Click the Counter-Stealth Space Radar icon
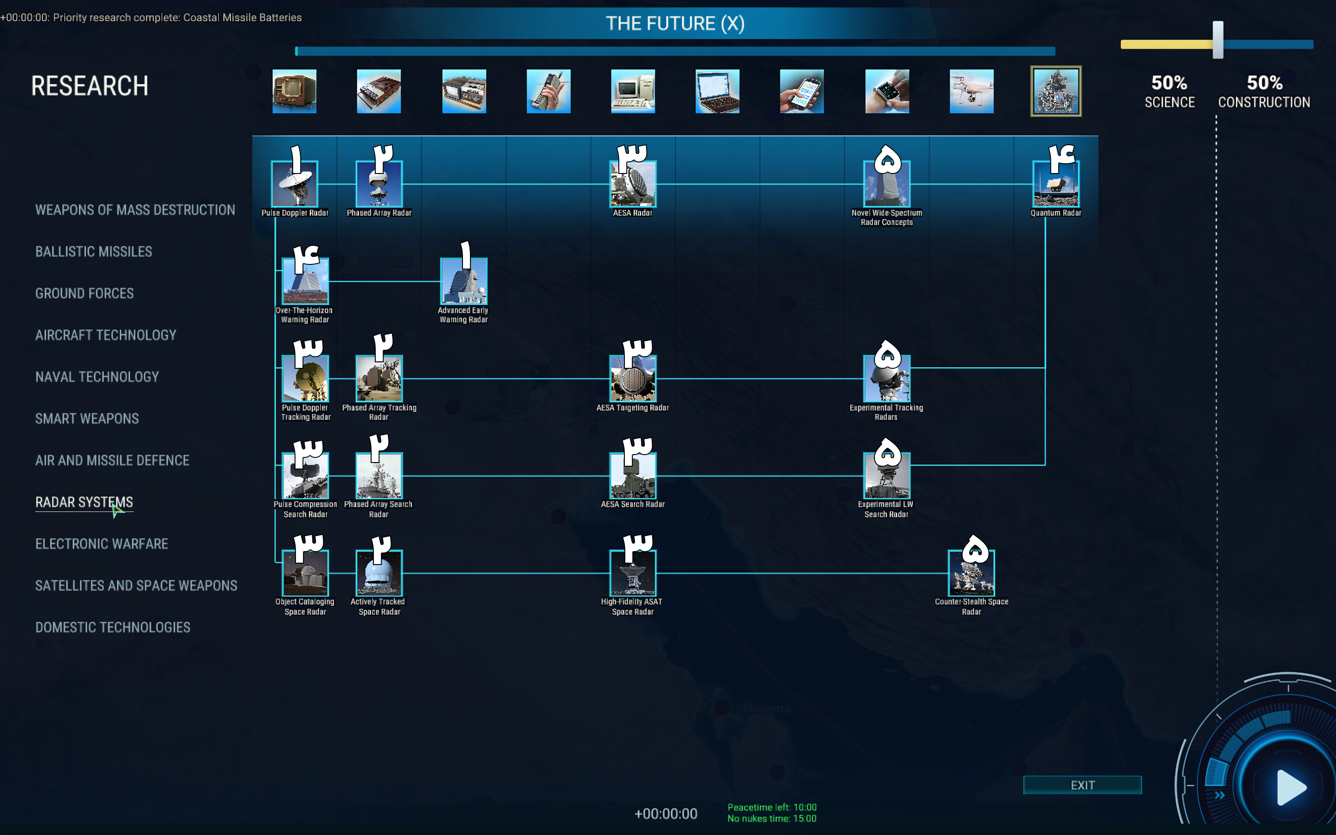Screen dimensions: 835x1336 point(971,573)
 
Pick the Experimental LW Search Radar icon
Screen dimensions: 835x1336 point(886,476)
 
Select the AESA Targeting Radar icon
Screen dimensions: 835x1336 point(633,379)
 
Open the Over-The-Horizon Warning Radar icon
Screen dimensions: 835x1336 point(305,282)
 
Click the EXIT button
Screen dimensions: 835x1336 point(1082,785)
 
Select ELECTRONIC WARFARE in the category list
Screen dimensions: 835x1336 point(102,544)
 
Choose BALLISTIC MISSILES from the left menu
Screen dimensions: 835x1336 point(94,252)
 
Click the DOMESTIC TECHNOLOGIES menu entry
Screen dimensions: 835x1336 point(113,627)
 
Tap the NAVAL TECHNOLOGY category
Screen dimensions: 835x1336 point(97,377)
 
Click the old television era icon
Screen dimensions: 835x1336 point(294,91)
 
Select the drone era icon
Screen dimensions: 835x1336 point(971,91)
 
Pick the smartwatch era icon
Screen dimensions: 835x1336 point(886,91)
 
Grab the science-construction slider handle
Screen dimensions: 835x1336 point(1218,40)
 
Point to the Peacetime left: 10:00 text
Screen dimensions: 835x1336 point(772,807)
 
